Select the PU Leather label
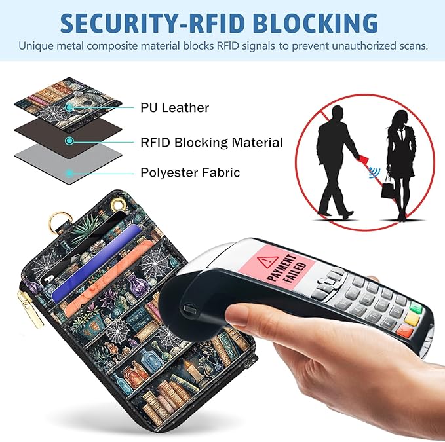(174, 108)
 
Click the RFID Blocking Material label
(212, 143)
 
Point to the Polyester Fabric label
(190, 173)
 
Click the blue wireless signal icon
(375, 172)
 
